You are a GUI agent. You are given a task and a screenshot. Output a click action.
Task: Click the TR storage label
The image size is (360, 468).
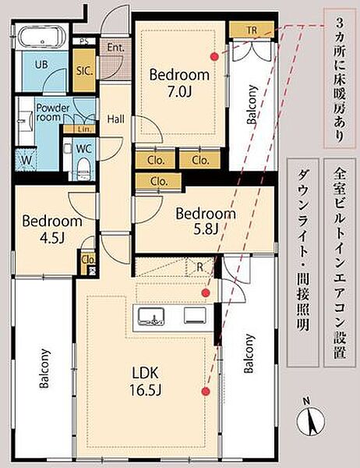(x=252, y=30)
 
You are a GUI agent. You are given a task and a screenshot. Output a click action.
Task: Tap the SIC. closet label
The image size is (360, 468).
(x=85, y=71)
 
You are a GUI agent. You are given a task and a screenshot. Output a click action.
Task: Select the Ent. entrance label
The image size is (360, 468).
(x=116, y=48)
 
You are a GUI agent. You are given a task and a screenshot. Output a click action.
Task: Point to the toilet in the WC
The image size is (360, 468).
(x=83, y=169)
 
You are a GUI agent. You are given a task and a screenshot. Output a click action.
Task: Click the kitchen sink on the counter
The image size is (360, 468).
(x=151, y=316)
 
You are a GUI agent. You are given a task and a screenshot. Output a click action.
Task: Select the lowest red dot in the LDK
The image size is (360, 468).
(x=206, y=392)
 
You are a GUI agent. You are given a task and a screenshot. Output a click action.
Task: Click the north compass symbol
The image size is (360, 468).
(x=311, y=420)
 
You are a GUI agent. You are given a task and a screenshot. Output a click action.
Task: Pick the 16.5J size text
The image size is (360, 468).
(x=146, y=389)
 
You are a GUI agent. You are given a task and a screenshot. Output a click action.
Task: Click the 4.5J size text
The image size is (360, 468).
(x=52, y=238)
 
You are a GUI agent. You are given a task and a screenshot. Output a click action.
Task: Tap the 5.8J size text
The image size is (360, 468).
(x=206, y=229)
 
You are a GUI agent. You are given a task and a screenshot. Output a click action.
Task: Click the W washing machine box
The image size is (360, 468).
(x=26, y=160)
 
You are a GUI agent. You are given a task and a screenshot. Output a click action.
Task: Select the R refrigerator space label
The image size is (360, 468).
(x=199, y=267)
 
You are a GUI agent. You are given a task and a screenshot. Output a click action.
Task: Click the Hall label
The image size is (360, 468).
(x=116, y=119)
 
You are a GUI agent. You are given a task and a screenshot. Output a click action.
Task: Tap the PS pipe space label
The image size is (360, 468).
(x=83, y=41)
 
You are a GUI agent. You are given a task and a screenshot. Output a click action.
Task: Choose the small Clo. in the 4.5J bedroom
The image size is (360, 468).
(x=89, y=260)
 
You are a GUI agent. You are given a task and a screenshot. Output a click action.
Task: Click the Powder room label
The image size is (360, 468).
(x=52, y=112)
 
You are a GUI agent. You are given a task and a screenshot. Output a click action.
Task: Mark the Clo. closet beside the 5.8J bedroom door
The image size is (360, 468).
(x=159, y=182)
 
